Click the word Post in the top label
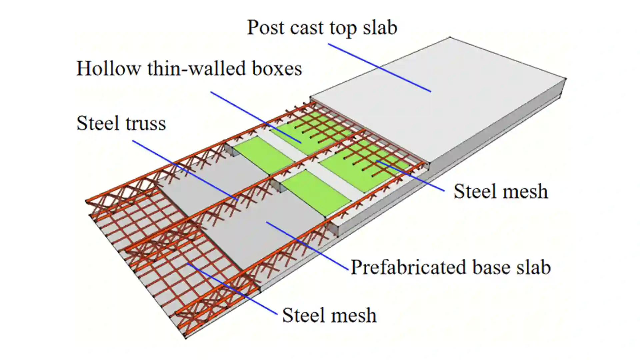coord(265,27)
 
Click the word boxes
coord(277,69)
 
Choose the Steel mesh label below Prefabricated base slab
coord(329,315)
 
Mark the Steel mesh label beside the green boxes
coord(501,192)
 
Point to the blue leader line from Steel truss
coord(185,170)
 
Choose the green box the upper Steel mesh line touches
coord(367,167)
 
